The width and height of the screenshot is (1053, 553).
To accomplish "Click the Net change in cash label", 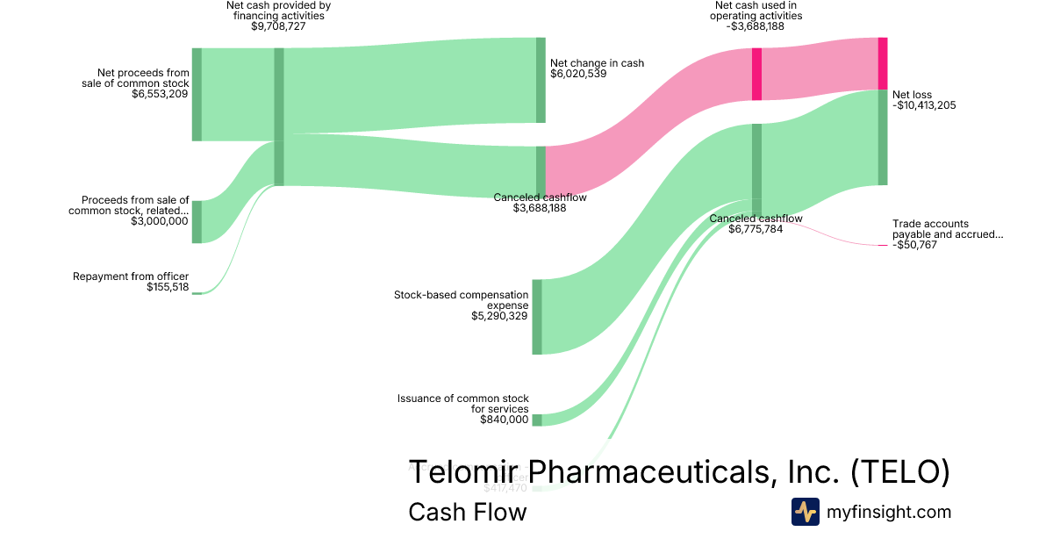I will click(597, 63).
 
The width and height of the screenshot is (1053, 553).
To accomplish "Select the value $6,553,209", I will click(160, 95).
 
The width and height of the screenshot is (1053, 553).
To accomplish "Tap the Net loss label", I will click(912, 95).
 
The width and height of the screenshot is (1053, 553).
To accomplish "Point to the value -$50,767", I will click(914, 245).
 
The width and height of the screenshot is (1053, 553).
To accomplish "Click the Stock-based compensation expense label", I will click(462, 300).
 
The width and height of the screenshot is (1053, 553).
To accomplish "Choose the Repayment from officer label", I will click(131, 276).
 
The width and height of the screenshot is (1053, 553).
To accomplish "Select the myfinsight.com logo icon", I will click(805, 512).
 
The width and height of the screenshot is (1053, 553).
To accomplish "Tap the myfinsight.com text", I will click(889, 512).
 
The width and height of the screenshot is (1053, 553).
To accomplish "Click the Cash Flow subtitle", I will click(467, 512).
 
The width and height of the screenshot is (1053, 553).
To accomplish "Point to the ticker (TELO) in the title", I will click(900, 471).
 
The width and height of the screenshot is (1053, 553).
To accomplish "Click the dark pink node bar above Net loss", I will click(883, 63).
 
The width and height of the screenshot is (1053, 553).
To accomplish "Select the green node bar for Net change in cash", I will click(541, 80).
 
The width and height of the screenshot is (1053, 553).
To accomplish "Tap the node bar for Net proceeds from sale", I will click(197, 95).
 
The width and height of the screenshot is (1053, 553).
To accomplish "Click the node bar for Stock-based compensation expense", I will click(537, 317).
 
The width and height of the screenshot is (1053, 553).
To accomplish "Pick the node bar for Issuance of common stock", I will click(537, 420).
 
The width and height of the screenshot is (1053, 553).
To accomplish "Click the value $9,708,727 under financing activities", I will click(278, 26).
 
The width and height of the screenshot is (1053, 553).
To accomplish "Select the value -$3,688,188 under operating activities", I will click(756, 26).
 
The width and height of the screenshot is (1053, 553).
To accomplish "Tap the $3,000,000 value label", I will click(159, 221).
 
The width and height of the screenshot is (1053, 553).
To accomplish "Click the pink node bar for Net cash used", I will click(756, 74).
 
